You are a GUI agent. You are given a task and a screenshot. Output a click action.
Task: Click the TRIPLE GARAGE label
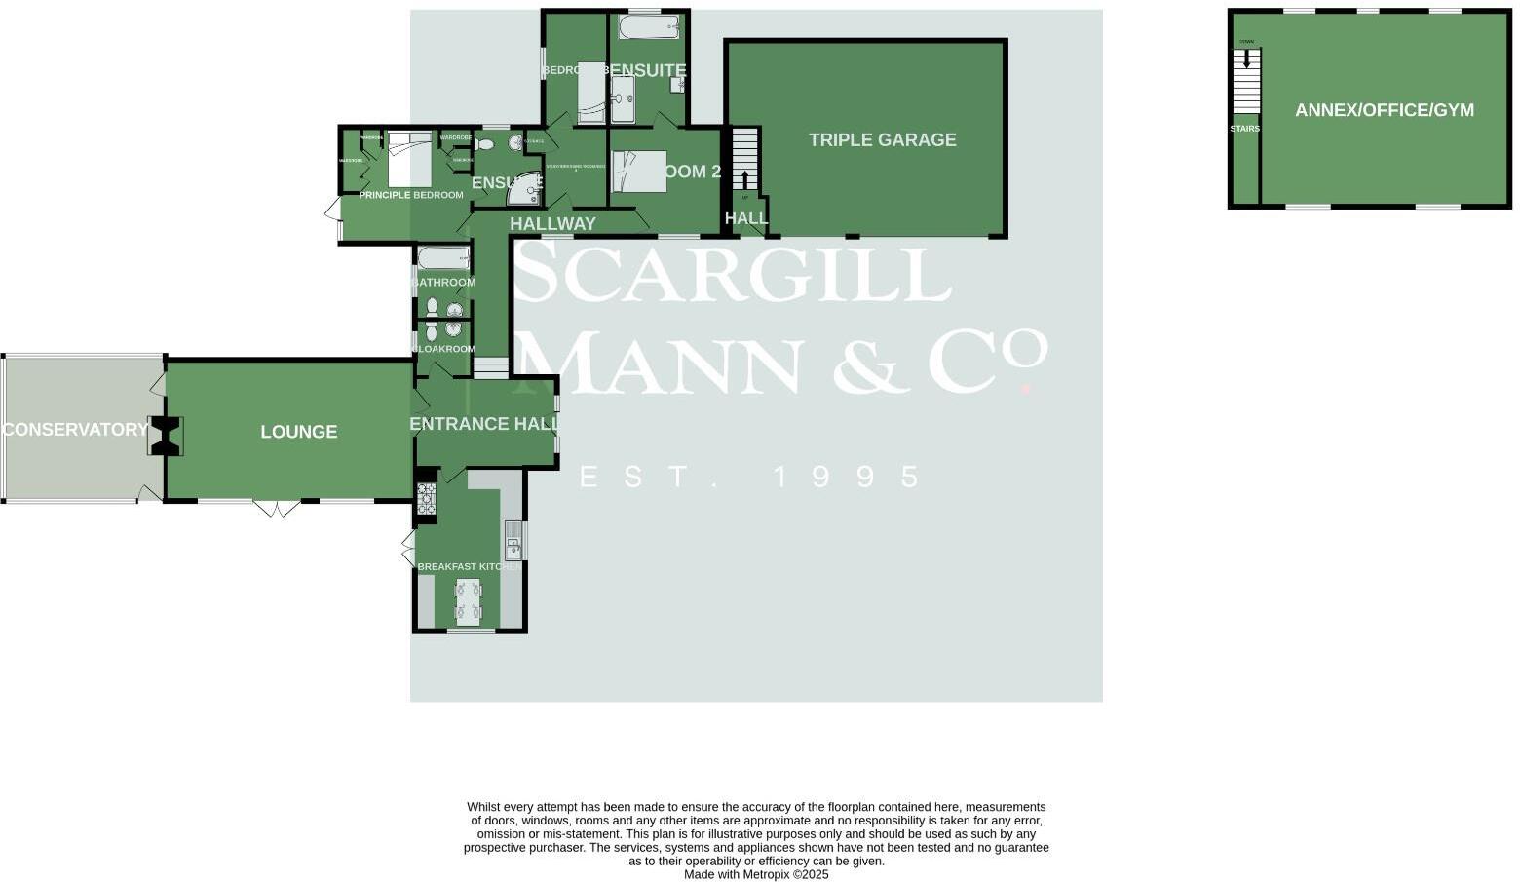pos(882,139)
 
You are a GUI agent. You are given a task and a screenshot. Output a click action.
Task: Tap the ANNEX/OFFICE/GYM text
pos(1384,110)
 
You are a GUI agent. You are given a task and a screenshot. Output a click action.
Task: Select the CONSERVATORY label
pos(75,430)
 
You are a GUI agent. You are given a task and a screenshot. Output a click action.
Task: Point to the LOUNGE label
pos(298,432)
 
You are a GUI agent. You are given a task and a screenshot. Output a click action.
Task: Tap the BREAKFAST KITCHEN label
pos(469,567)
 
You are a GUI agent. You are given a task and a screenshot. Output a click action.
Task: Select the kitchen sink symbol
pos(513,541)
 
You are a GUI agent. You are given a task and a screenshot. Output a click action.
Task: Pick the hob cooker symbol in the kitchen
pos(426,499)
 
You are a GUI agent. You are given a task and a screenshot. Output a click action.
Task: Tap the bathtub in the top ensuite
pos(648,26)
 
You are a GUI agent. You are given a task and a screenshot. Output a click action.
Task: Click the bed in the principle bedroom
pos(409,159)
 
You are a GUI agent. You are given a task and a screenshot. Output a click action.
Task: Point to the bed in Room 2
pos(639,171)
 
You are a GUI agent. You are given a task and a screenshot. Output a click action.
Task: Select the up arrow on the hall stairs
pos(745,180)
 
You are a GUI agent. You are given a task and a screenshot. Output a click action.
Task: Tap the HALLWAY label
pos(552,224)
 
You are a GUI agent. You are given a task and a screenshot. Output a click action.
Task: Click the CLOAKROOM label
pos(445,349)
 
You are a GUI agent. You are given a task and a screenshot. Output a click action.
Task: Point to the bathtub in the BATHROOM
pos(443,258)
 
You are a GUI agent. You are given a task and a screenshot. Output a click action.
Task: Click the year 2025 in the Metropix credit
pos(813,875)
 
